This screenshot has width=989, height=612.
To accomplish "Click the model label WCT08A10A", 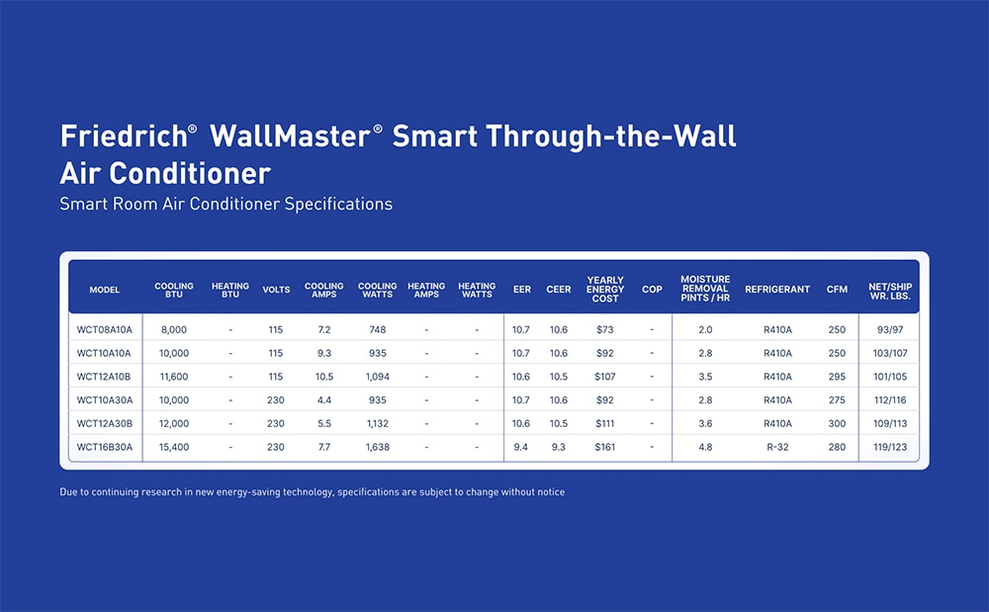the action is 105,329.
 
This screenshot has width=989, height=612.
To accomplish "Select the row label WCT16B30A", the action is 105,447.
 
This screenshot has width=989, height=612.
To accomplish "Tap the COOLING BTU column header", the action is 174,290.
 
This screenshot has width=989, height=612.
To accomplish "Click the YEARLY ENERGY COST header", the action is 605,290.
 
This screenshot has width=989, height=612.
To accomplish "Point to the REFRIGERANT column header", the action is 777,290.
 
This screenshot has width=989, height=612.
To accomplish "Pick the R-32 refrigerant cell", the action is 777,447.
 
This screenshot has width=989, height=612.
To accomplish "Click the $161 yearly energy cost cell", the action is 605,447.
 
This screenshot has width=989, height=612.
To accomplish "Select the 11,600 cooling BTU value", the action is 174,377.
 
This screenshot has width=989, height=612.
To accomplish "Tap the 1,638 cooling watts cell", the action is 378,447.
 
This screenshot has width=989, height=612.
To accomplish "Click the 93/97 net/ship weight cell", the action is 890,329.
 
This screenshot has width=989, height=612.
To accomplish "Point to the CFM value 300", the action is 837,423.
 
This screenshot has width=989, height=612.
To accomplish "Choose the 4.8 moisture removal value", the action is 705,447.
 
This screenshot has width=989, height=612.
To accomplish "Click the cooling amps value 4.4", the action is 324,399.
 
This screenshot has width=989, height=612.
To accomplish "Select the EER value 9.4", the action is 520,447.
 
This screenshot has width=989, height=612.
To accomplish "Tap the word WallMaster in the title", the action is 290,136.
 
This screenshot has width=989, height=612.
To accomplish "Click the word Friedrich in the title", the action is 124,136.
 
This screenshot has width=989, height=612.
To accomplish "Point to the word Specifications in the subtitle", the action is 338,205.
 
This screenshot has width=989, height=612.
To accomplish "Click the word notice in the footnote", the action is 551,491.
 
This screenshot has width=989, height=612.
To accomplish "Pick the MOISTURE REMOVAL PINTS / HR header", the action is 705,289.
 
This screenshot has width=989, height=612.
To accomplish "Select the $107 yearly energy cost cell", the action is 605,377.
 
